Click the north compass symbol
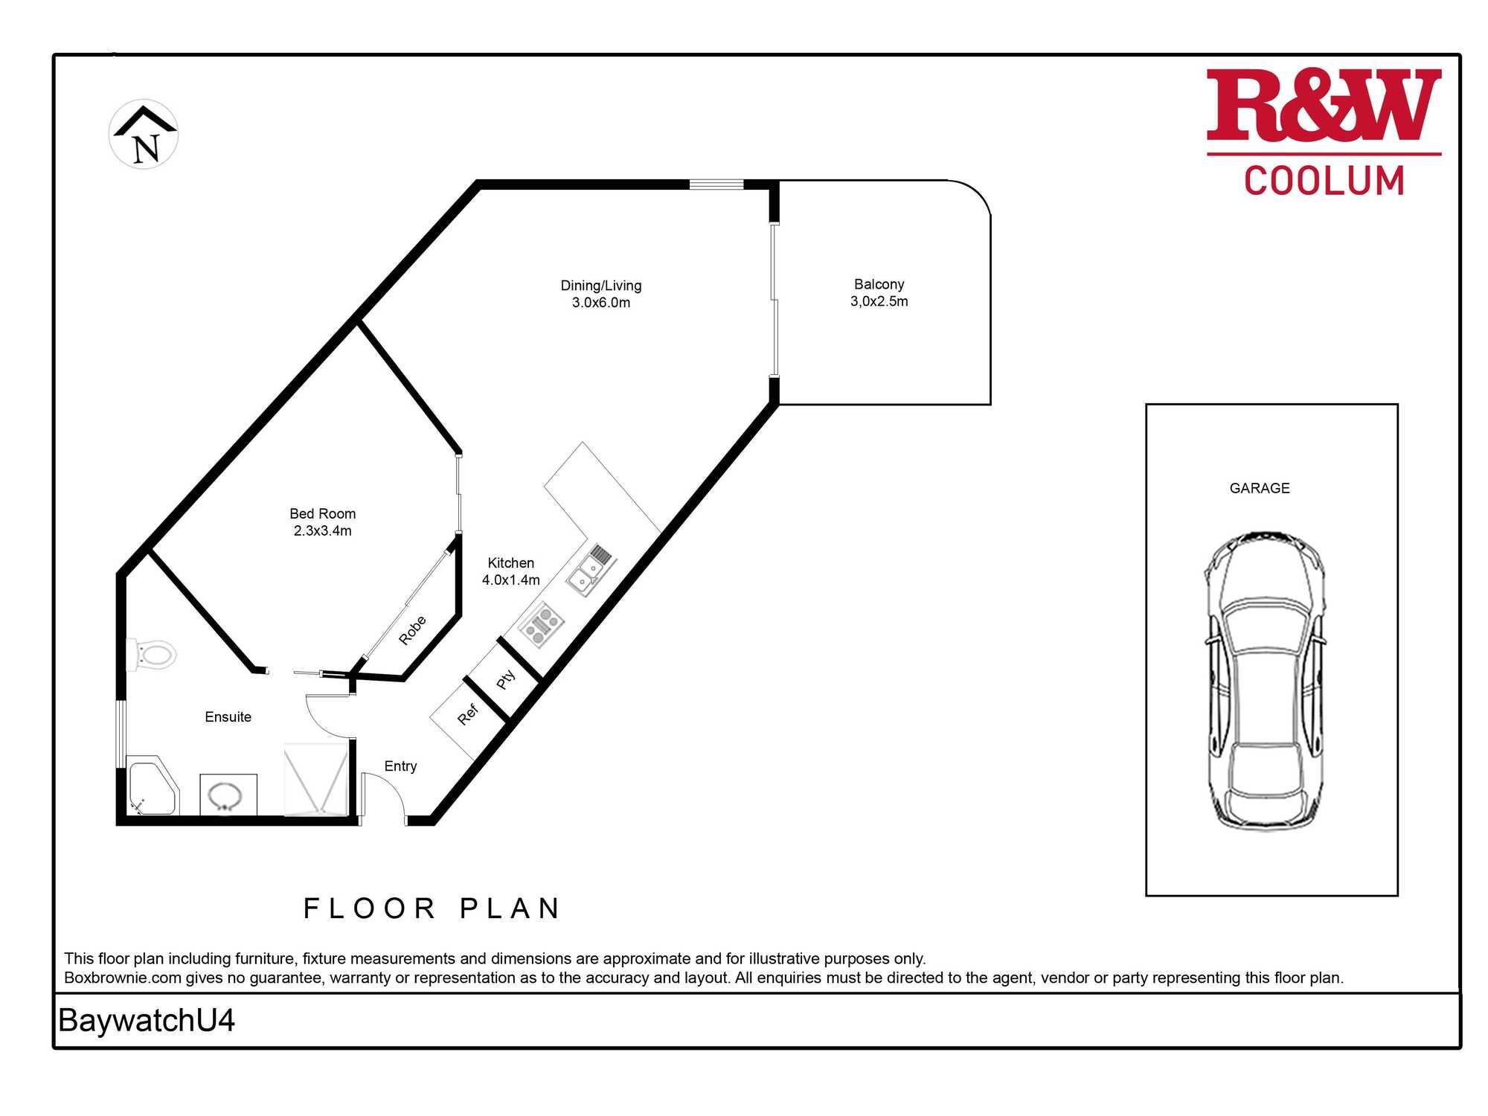point(144,134)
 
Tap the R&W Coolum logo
point(1324,132)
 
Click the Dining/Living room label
point(601,294)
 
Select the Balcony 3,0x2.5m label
point(879,292)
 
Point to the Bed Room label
point(323,522)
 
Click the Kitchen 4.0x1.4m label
point(511,571)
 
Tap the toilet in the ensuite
point(151,655)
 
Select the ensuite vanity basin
point(228,795)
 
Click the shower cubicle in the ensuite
point(316,779)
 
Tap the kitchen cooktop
point(542,624)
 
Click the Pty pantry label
point(506,679)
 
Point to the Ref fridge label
point(467,715)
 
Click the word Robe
point(412,630)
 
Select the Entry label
point(400,766)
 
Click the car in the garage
point(1265,681)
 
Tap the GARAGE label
point(1260,488)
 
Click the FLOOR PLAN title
point(432,908)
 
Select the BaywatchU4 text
point(147,1021)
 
